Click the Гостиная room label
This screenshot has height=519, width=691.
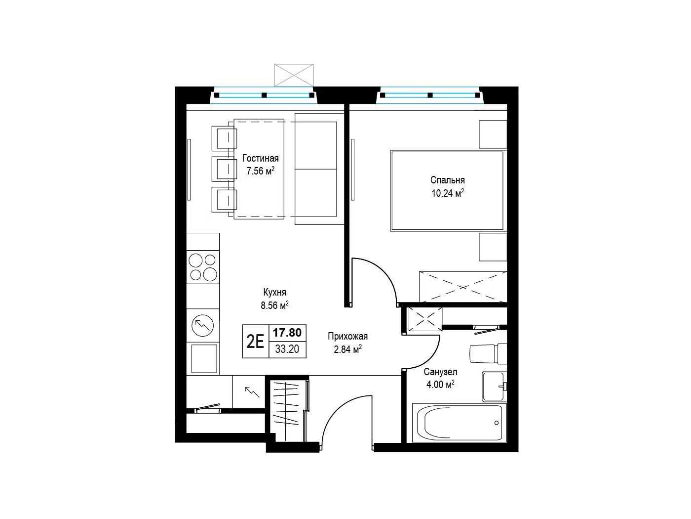pyautogui.click(x=260, y=158)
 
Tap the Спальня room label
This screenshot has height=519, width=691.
pyautogui.click(x=447, y=180)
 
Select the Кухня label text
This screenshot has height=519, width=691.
pyautogui.click(x=274, y=293)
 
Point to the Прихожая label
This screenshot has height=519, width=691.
pyautogui.click(x=347, y=336)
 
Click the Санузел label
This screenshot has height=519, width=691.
pyautogui.click(x=440, y=372)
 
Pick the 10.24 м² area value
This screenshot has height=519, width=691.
pyautogui.click(x=447, y=193)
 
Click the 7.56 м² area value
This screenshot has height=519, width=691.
pyautogui.click(x=260, y=171)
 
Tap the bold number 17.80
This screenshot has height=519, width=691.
pyautogui.click(x=287, y=333)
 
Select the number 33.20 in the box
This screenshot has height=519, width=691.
pyautogui.click(x=287, y=349)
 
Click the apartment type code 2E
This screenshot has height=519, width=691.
pyautogui.click(x=255, y=341)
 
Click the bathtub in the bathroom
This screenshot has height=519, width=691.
pyautogui.click(x=460, y=423)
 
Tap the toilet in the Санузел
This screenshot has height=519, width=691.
pyautogui.click(x=488, y=353)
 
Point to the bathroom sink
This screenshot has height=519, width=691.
pyautogui.click(x=494, y=387)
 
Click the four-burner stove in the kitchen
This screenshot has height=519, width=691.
pyautogui.click(x=203, y=267)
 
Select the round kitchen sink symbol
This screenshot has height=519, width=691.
pyautogui.click(x=202, y=325)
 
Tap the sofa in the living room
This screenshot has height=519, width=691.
pyautogui.click(x=318, y=169)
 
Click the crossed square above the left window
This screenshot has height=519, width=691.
pyautogui.click(x=294, y=75)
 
